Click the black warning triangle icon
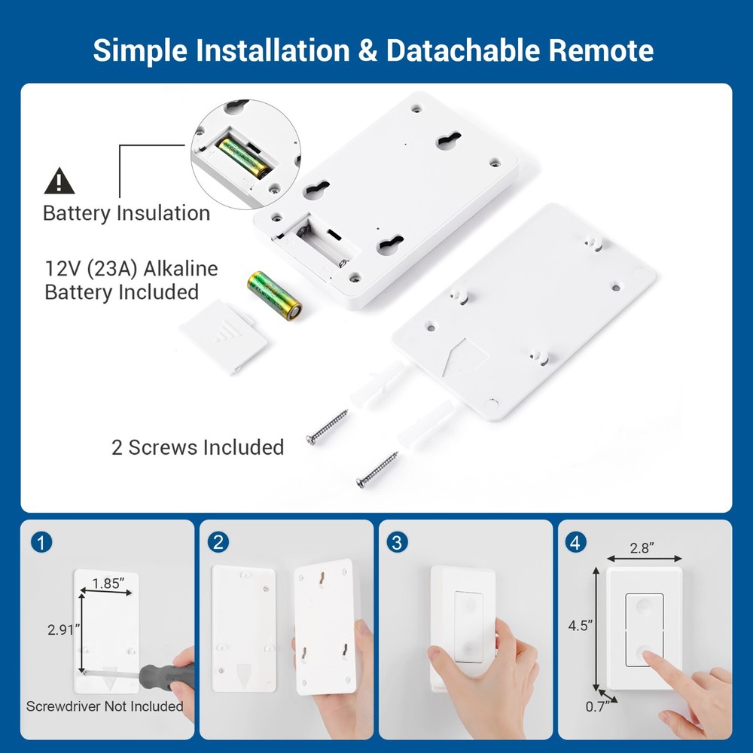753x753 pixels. click(x=59, y=181)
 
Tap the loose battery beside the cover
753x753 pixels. click(x=275, y=295)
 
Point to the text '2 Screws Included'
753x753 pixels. click(x=197, y=447)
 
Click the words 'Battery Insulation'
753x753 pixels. click(x=126, y=213)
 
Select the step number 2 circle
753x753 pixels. click(x=219, y=542)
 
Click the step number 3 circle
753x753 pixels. click(x=397, y=542)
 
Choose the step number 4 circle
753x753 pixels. click(x=575, y=542)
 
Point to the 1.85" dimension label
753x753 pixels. click(x=110, y=582)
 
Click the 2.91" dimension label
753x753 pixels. click(x=62, y=630)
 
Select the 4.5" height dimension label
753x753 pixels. click(x=581, y=625)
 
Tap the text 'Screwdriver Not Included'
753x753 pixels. click(x=105, y=706)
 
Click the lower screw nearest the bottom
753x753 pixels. click(x=377, y=471)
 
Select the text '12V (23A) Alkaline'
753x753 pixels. click(x=131, y=269)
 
